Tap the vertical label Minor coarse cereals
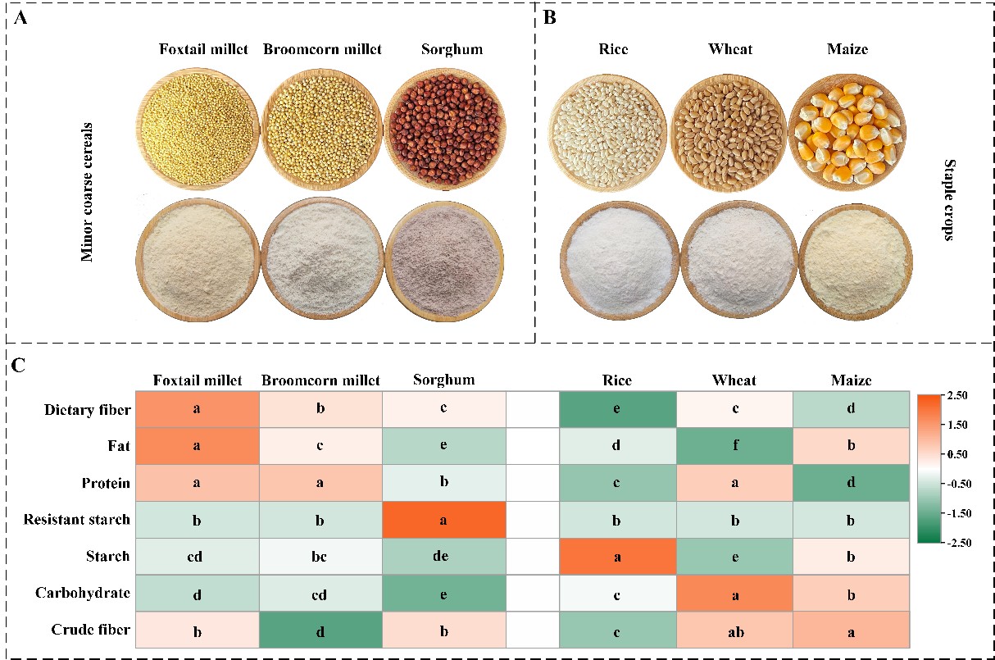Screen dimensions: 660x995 pyautogui.click(x=87, y=192)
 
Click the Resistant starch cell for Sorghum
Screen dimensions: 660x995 pyautogui.click(x=443, y=519)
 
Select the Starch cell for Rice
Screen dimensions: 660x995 pyautogui.click(x=618, y=556)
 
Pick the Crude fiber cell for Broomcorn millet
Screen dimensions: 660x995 pyautogui.click(x=320, y=630)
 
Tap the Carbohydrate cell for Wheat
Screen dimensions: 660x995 pyautogui.click(x=734, y=593)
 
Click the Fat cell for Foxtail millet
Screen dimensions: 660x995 pyautogui.click(x=197, y=445)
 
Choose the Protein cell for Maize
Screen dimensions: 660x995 pyautogui.click(x=851, y=482)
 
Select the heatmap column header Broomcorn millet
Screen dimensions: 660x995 pyautogui.click(x=320, y=380)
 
